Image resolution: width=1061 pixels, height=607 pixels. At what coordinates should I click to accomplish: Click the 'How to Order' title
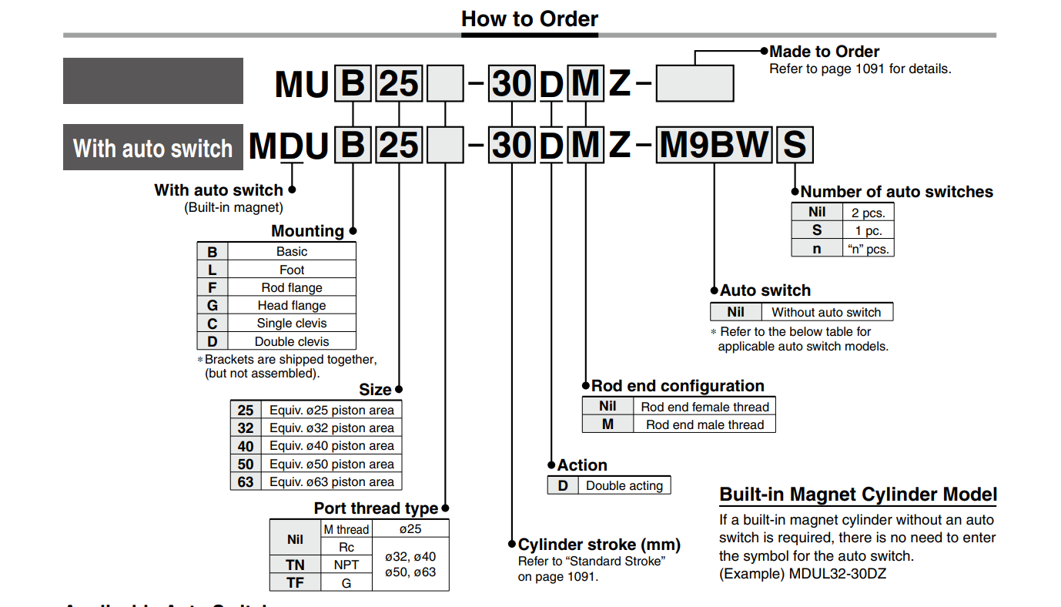(x=530, y=19)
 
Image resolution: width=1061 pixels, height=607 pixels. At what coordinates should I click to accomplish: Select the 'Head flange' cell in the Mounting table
(x=292, y=305)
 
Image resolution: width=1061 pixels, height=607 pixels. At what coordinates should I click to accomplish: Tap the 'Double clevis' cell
(x=292, y=341)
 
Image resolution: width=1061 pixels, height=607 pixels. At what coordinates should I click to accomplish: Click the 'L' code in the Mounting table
(x=213, y=270)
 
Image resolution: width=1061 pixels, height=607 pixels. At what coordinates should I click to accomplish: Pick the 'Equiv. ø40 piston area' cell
(x=332, y=446)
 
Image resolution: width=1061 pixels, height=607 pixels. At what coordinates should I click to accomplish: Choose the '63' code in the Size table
(x=246, y=482)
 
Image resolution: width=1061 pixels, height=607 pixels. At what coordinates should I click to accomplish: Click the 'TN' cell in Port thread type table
(x=295, y=565)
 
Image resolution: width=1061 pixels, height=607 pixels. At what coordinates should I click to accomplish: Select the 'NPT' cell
(x=346, y=565)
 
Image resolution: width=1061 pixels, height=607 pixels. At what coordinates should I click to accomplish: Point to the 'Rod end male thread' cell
(x=705, y=424)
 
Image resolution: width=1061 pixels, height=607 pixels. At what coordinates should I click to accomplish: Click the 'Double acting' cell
(x=624, y=486)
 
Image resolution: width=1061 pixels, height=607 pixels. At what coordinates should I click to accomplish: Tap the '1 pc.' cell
(x=869, y=231)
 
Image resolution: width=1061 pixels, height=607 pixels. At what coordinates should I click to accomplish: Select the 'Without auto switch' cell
(x=826, y=312)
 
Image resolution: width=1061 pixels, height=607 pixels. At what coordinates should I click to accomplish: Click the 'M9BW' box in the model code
(x=714, y=145)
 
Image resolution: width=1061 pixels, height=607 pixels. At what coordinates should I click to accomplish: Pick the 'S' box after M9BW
(x=795, y=145)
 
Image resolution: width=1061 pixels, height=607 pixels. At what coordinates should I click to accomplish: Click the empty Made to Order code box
(x=695, y=83)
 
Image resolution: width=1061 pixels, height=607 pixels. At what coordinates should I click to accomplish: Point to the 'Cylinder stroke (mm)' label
(x=599, y=545)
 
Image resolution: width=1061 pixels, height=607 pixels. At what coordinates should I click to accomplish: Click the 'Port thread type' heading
(x=376, y=508)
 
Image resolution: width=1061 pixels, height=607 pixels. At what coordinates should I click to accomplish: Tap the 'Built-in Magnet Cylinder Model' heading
(x=858, y=495)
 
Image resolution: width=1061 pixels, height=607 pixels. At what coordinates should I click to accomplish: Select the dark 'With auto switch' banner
(x=153, y=147)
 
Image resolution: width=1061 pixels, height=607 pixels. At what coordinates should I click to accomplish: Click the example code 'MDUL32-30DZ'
(x=838, y=574)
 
